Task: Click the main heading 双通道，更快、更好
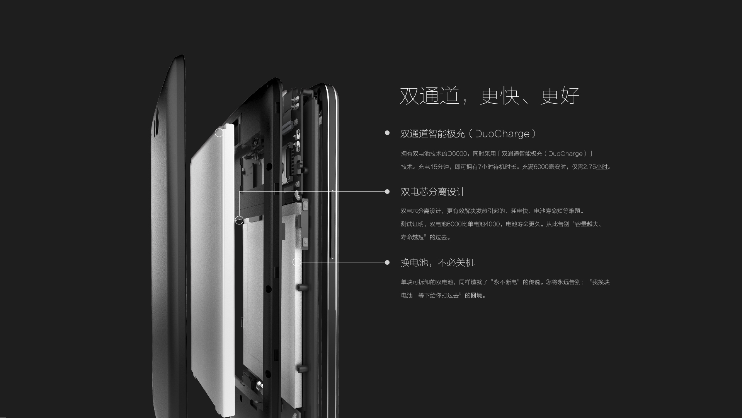(x=489, y=96)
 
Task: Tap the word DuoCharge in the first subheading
(x=502, y=134)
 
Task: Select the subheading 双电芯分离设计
(x=433, y=192)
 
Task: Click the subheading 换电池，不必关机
(x=437, y=263)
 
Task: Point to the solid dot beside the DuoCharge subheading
(x=387, y=133)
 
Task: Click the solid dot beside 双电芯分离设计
(x=387, y=192)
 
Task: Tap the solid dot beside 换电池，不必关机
(x=387, y=262)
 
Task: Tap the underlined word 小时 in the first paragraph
(x=602, y=167)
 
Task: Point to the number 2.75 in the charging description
(x=589, y=167)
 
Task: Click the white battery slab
(x=213, y=271)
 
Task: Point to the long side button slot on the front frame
(x=332, y=224)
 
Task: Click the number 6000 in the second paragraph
(x=454, y=224)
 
